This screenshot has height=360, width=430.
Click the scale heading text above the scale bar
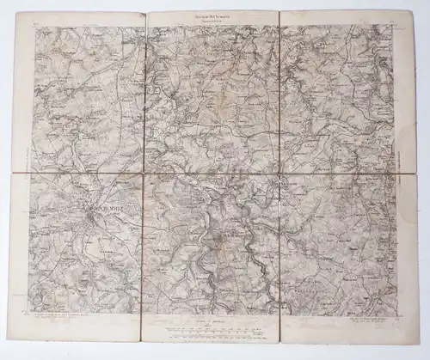point(213,319)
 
